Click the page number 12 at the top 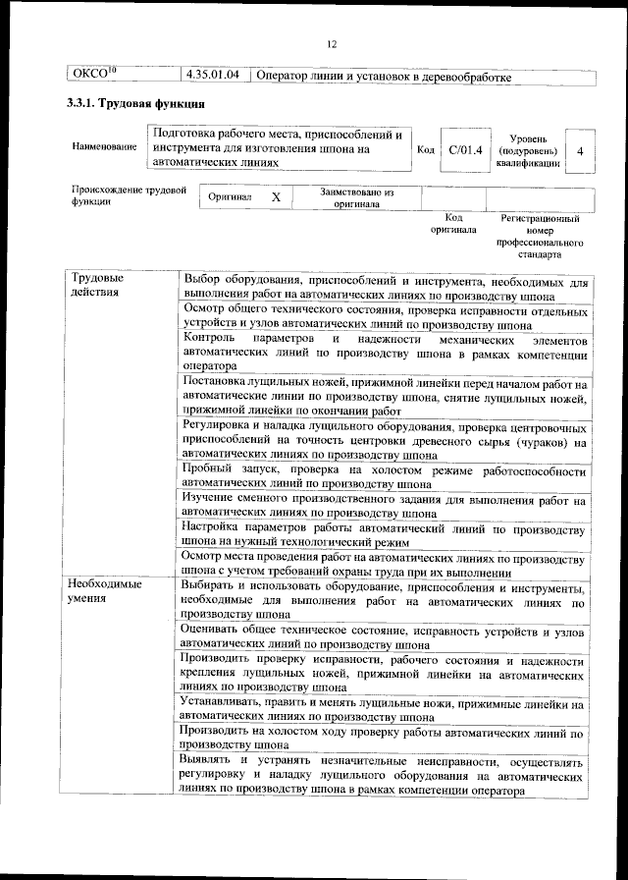[331, 44]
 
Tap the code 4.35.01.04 [213, 77]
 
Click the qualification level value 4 [580, 151]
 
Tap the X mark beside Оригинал [276, 197]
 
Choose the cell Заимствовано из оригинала [356, 197]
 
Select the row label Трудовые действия [96, 285]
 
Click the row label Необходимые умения [103, 591]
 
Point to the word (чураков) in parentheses [540, 442]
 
